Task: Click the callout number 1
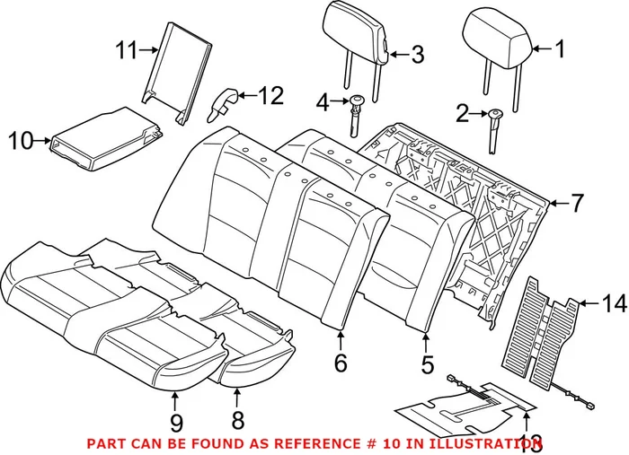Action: click(x=559, y=49)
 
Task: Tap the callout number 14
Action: click(x=613, y=304)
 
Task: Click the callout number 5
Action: click(x=427, y=364)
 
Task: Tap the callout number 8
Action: click(x=238, y=421)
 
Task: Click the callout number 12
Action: click(x=270, y=94)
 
